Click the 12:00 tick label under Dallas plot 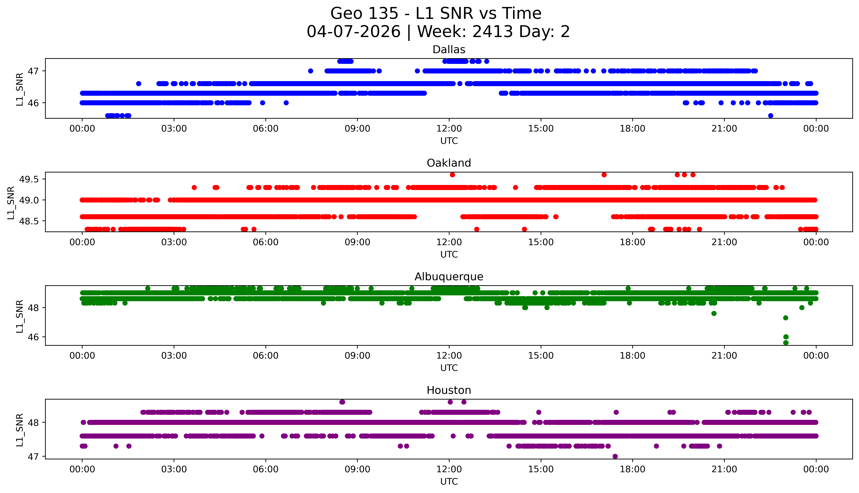click(x=449, y=129)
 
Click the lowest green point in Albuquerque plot click(x=786, y=343)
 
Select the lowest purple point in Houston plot click(x=615, y=456)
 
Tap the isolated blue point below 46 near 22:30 click(x=770, y=115)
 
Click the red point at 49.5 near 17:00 click(x=604, y=175)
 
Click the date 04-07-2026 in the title click(x=353, y=32)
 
